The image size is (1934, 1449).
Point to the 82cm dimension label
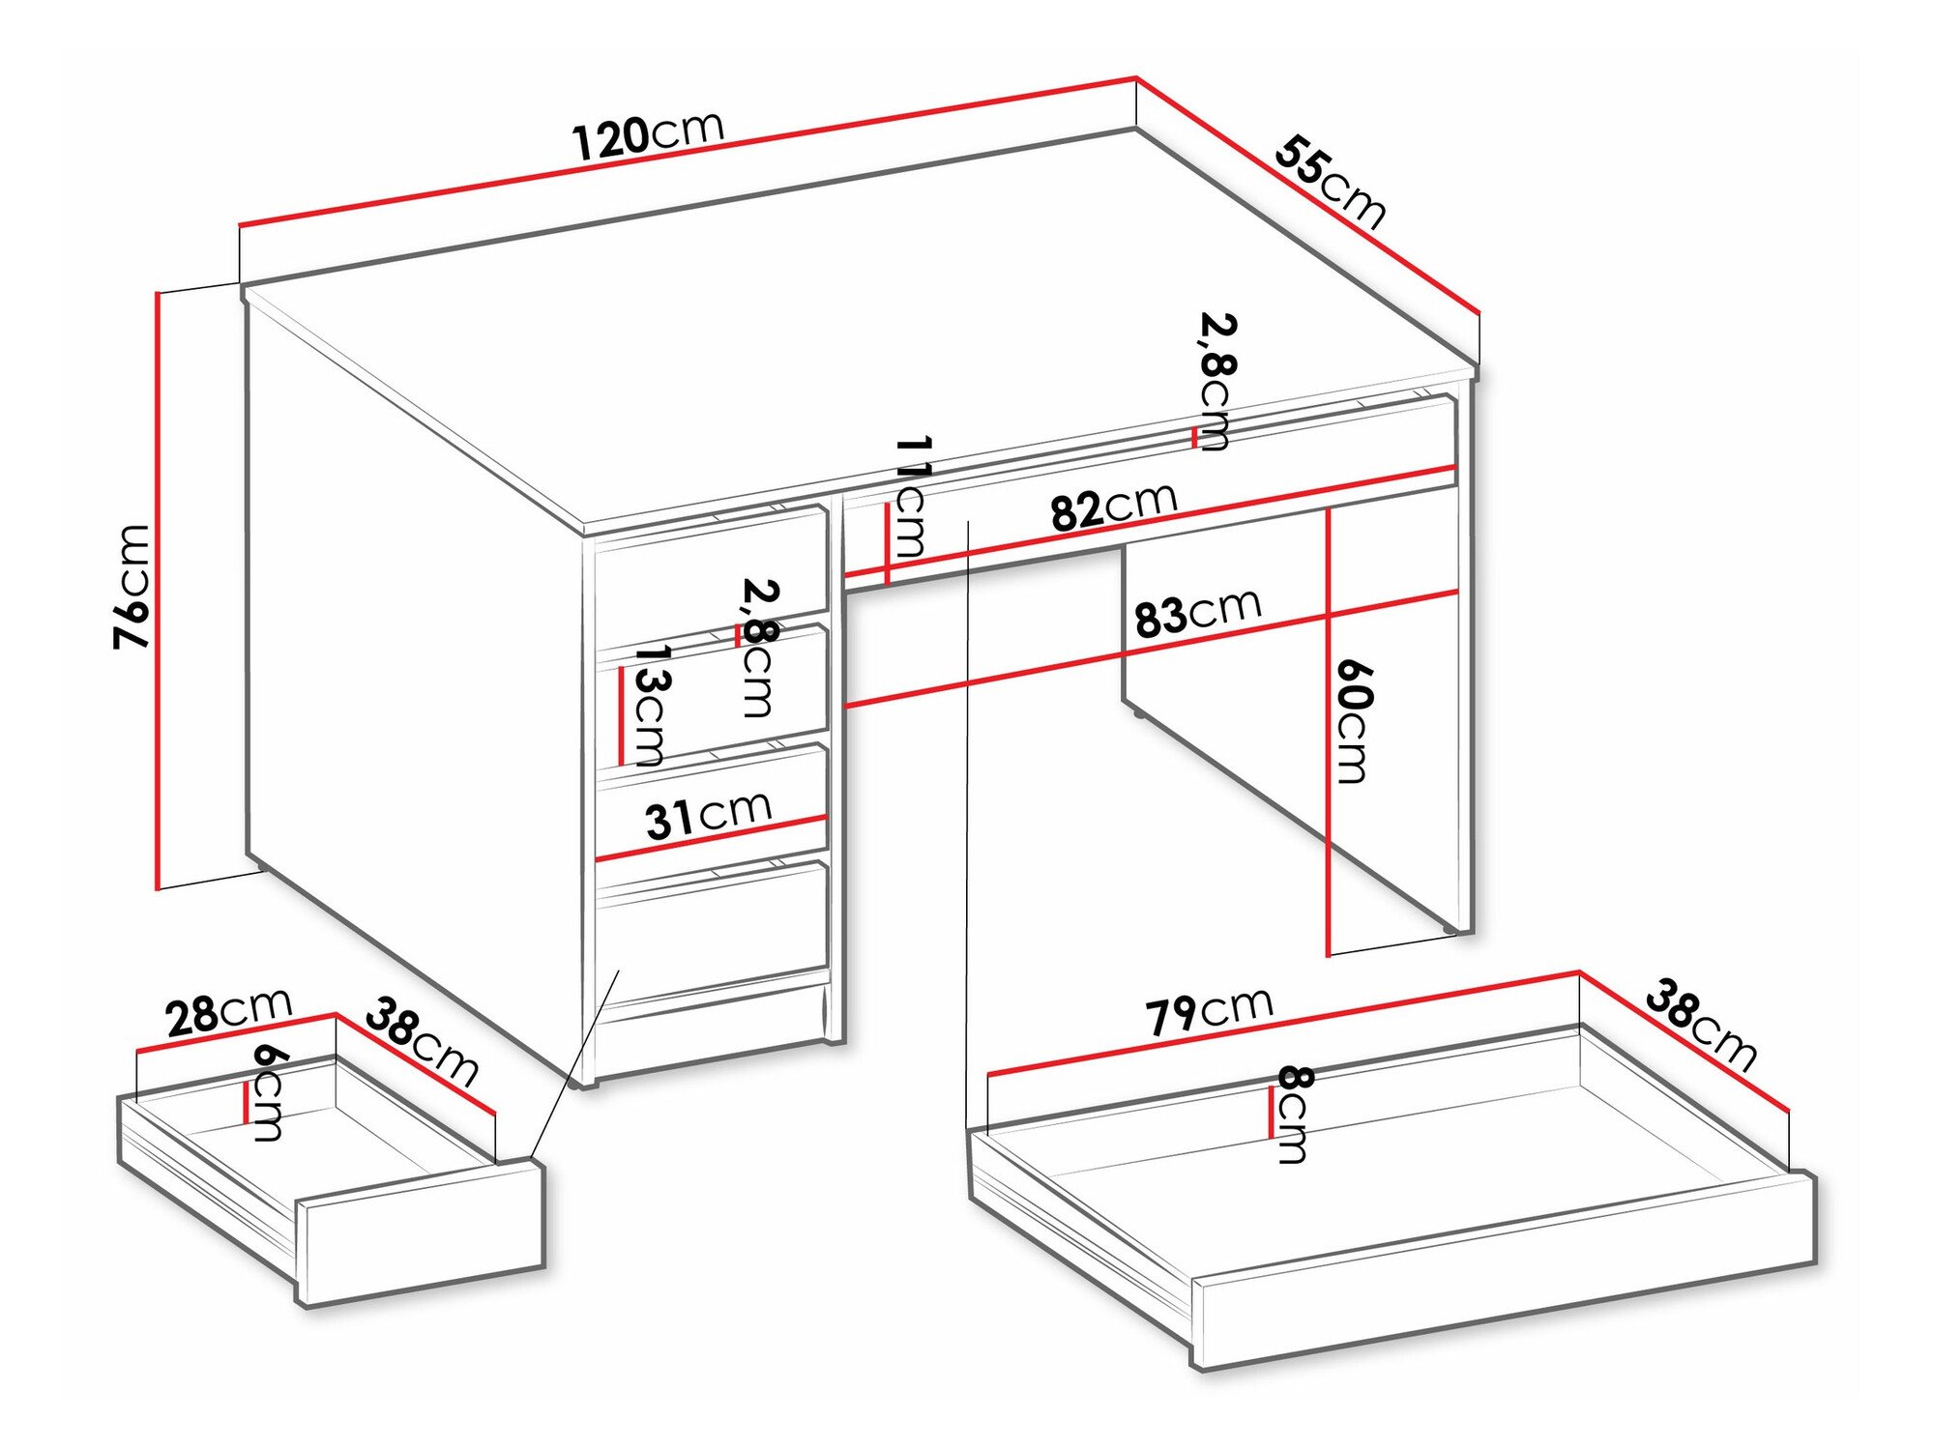coord(1114,507)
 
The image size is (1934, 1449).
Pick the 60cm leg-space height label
coord(1353,721)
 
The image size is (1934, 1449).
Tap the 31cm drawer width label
coord(708,815)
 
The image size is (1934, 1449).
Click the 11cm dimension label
coord(911,497)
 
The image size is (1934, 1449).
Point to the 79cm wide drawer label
coord(1209,1012)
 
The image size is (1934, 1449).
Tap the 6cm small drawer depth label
coord(266,1092)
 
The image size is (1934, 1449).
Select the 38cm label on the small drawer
coord(422,1043)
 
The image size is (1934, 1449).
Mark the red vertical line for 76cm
coord(157,590)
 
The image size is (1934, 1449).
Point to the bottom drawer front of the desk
coord(712,926)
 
